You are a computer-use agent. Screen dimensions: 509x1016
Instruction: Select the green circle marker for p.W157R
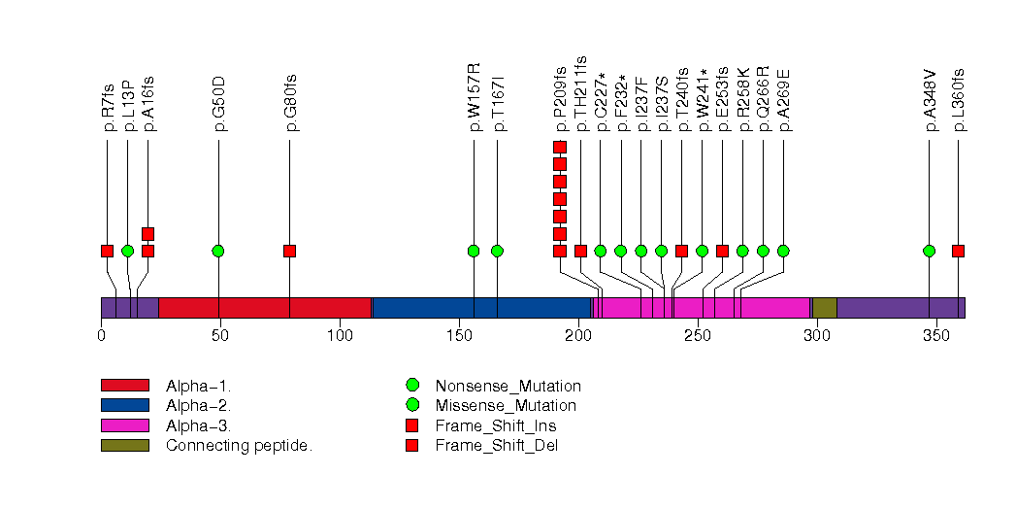pos(474,251)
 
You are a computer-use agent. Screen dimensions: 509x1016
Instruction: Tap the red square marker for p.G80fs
pos(289,251)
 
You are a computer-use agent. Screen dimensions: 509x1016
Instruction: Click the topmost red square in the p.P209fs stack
pos(560,147)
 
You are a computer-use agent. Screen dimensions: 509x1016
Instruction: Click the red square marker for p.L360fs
pos(958,251)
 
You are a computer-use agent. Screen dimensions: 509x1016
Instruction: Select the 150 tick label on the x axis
pos(457,336)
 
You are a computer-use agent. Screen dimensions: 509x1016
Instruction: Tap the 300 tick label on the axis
pos(815,336)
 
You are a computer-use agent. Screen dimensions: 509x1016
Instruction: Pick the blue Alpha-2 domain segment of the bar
pos(480,308)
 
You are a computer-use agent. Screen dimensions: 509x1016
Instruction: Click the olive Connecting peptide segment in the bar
pos(825,308)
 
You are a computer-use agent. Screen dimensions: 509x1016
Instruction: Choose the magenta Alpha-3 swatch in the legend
pos(124,425)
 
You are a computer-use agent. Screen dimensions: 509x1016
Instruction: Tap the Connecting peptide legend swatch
pos(124,446)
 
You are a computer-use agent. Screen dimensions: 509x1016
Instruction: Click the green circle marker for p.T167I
pos(497,251)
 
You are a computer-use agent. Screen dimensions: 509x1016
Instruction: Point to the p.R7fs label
pos(108,108)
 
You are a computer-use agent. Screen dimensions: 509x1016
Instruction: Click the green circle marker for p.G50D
pos(218,251)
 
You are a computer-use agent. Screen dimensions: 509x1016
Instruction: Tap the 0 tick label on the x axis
pos(101,336)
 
